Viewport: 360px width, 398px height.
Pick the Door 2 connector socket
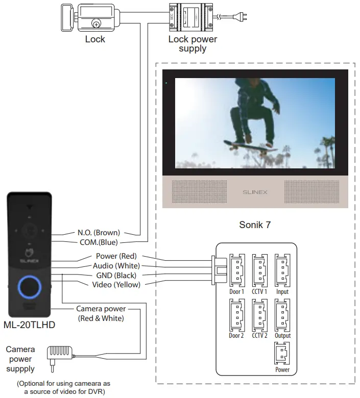coord(236,315)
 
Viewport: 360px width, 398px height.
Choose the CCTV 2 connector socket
coord(259,315)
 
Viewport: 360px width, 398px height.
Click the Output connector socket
coord(282,315)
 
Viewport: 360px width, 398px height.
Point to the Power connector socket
coord(282,354)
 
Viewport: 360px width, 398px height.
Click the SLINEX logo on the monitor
coord(254,192)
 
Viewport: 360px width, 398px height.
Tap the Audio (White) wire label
coord(116,265)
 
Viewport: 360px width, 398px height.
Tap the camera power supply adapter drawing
coord(60,353)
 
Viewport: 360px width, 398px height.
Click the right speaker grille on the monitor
coord(312,192)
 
